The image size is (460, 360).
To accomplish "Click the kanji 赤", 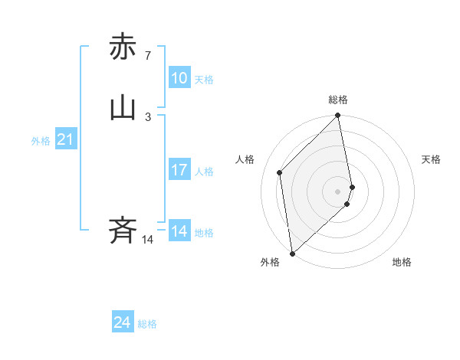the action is click(x=123, y=47).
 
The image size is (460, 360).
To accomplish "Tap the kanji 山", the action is click(x=123, y=108).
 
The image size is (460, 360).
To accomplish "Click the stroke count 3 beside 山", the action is click(x=147, y=116).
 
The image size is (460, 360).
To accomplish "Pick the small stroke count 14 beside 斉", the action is click(x=147, y=240).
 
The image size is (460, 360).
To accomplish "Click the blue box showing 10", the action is click(x=179, y=78).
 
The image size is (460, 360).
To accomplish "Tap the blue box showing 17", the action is click(x=179, y=170).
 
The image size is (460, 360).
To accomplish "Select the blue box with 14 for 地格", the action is click(x=179, y=231).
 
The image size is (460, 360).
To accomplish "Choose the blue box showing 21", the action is click(x=65, y=139).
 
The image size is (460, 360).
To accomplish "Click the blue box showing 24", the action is click(x=123, y=322).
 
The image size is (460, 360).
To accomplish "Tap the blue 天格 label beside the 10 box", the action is click(x=204, y=80).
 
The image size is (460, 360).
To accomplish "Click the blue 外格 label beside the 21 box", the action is click(x=41, y=141).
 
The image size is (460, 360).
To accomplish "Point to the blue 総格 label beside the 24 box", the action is click(x=147, y=324).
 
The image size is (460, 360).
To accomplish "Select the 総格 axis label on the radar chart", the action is click(x=338, y=100).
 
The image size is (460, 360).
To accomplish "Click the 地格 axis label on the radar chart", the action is click(x=402, y=262).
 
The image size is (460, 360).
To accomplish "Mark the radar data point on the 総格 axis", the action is click(x=338, y=116).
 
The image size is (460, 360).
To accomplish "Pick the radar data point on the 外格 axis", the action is click(x=292, y=253).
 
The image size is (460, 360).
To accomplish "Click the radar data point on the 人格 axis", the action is click(x=280, y=172).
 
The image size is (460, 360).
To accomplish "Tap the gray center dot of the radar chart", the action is click(x=338, y=191).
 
